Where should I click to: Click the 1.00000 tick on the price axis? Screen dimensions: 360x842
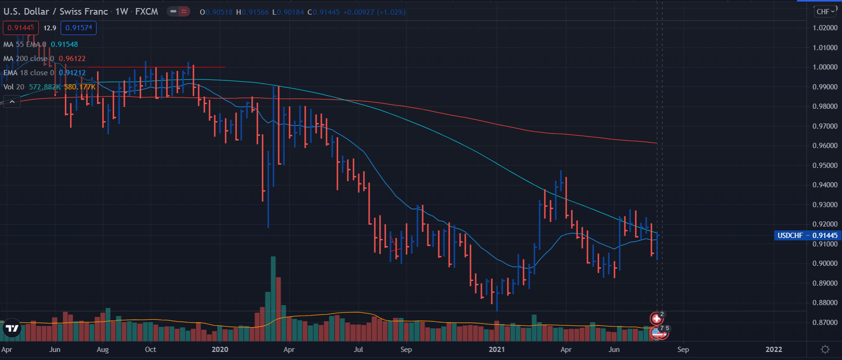824,67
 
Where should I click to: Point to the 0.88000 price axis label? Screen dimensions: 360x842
824,303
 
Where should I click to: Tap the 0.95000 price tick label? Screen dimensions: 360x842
824,166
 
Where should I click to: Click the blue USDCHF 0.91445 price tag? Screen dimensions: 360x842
807,236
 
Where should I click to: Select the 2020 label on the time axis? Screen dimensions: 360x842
220,350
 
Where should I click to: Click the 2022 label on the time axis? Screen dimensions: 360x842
774,350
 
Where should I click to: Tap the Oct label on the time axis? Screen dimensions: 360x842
151,350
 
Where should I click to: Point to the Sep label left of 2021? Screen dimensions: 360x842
406,350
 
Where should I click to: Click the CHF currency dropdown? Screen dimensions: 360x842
825,12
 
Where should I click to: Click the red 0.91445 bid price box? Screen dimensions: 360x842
21,28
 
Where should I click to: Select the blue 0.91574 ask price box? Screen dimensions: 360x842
79,28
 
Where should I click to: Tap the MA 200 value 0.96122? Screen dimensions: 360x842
72,59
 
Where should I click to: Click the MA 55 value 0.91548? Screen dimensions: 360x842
64,44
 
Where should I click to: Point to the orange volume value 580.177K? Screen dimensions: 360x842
80,87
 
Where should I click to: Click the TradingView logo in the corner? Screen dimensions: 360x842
12,328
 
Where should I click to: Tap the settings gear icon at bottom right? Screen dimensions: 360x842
825,350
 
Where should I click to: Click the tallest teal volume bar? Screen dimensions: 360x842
273,298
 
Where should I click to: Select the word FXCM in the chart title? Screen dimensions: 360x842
147,12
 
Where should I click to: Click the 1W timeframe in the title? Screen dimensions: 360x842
122,12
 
